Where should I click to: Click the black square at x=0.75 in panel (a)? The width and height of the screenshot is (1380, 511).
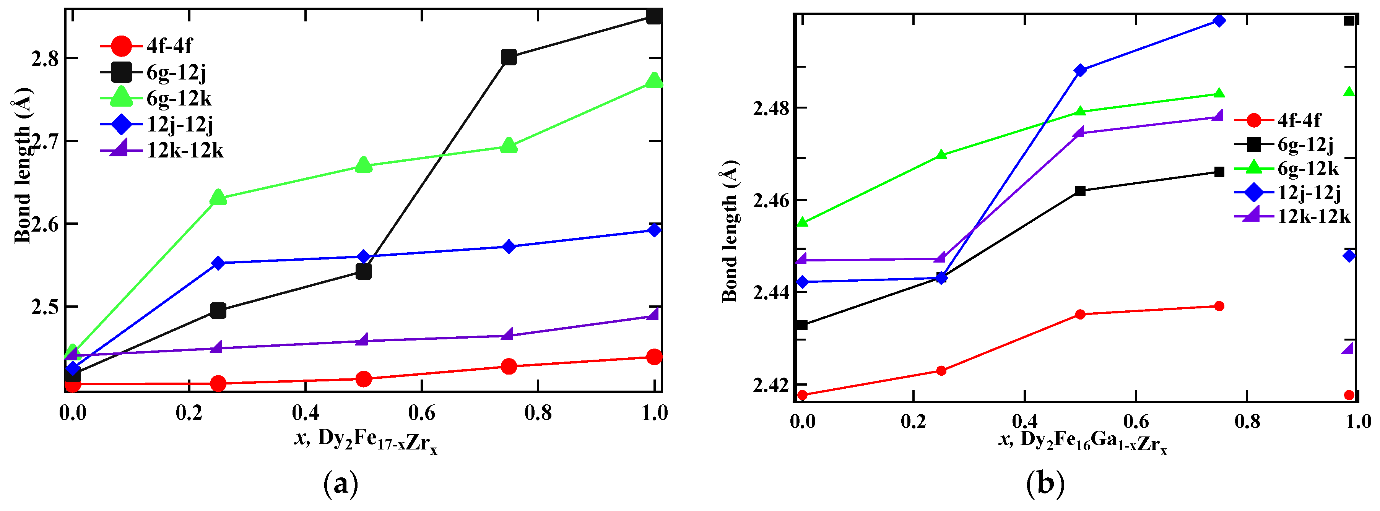coord(509,57)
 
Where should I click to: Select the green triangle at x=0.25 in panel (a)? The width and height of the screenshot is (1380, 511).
coord(218,198)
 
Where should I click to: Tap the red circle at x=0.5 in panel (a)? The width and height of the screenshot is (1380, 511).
coord(363,379)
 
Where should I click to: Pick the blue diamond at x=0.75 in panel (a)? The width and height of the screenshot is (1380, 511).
coord(509,247)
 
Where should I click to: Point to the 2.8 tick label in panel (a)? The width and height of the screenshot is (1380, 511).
coord(45,58)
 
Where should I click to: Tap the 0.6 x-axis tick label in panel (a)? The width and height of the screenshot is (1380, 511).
coord(422,413)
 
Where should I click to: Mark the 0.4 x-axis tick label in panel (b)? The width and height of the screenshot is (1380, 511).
coord(1024,422)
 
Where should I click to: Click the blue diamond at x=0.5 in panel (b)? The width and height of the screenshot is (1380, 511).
coord(1080,70)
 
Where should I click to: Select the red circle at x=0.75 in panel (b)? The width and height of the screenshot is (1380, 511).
coord(1219,306)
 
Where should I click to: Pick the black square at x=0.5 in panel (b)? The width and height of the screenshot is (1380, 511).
coord(1080,191)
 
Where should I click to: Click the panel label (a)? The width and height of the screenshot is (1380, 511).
coord(341,484)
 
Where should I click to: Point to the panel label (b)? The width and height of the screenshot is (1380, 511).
coord(1045,484)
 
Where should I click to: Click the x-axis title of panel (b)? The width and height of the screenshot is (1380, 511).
coord(1082,441)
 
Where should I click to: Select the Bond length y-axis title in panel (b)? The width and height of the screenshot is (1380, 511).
coord(730,231)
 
